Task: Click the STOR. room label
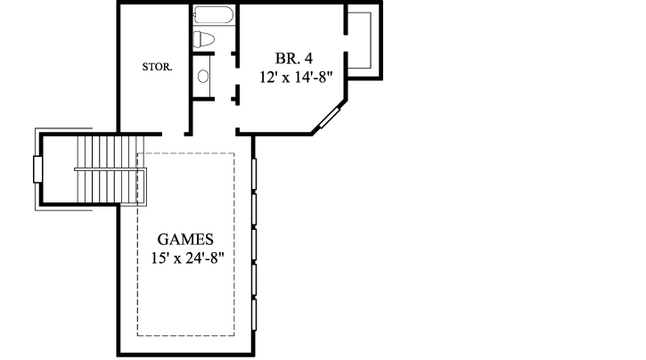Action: click(x=157, y=67)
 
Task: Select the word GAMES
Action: click(x=184, y=240)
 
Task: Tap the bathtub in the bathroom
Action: click(x=213, y=16)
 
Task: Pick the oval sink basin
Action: click(x=202, y=78)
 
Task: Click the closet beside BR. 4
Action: click(x=364, y=40)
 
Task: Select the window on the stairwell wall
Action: click(x=37, y=169)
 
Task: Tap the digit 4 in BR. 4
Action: click(x=308, y=59)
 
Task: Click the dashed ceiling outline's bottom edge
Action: click(x=185, y=335)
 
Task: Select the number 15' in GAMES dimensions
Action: click(x=159, y=258)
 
